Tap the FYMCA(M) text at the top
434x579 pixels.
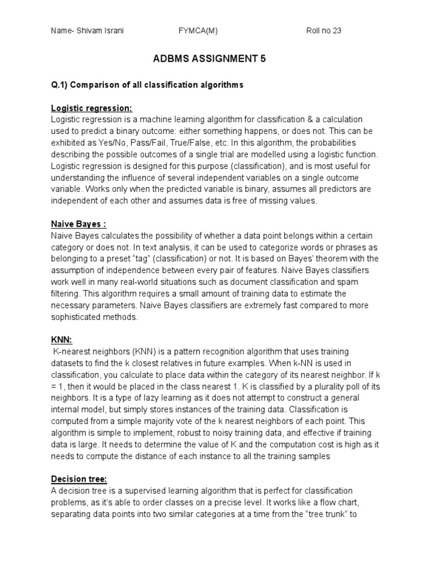197,31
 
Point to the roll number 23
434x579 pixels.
336,31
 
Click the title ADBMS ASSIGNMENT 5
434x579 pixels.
216,58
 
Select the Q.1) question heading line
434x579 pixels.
147,85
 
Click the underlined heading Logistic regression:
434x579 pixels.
92,108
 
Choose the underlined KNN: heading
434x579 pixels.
61,340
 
